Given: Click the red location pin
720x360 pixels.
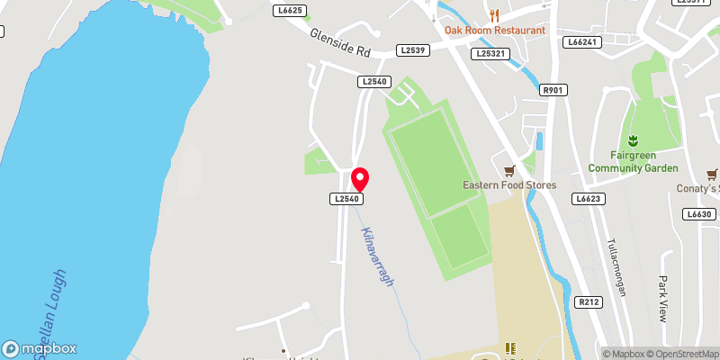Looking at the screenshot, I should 360,178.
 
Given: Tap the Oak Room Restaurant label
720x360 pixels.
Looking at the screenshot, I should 495,30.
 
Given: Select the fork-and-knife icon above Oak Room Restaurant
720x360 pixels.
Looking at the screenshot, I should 494,14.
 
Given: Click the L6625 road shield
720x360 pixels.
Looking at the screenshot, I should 289,10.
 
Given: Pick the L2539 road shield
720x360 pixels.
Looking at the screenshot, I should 413,50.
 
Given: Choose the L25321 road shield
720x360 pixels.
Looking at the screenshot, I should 491,54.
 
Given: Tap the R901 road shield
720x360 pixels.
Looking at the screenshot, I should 553,90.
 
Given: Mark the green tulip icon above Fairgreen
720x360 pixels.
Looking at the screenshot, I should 631,139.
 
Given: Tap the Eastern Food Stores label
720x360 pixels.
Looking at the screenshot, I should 509,185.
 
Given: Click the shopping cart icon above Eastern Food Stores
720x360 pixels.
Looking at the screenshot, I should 509,169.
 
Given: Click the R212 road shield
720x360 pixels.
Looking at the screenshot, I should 589,302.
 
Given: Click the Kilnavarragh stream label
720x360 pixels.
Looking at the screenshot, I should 378,256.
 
